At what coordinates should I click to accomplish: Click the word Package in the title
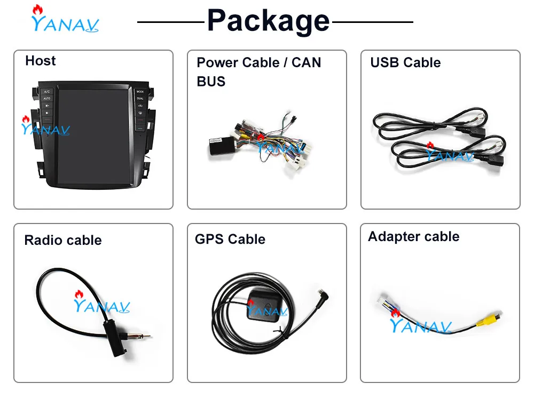(268, 21)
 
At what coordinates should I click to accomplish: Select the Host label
(40, 61)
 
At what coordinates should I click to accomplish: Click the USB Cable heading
(405, 62)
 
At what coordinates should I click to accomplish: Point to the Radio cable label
(62, 240)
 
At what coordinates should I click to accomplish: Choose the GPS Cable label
(230, 239)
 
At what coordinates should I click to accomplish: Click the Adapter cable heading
(413, 236)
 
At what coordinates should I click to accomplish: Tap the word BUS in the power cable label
(211, 82)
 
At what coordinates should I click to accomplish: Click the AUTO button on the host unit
(47, 99)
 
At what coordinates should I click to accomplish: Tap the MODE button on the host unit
(140, 92)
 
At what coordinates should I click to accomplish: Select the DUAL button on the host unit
(140, 99)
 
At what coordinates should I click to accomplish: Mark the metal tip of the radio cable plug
(145, 336)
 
